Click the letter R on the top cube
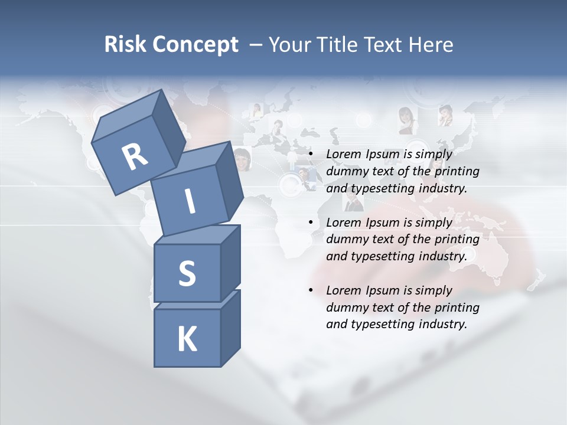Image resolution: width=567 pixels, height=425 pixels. pyautogui.click(x=135, y=157)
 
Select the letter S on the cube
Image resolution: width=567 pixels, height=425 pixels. pyautogui.click(x=187, y=273)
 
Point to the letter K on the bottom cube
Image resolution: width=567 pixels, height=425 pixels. pyautogui.click(x=187, y=339)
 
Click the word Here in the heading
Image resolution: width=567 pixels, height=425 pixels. pyautogui.click(x=432, y=45)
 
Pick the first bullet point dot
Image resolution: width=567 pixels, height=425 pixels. pyautogui.click(x=311, y=155)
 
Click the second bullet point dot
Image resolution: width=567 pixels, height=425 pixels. pyautogui.click(x=311, y=223)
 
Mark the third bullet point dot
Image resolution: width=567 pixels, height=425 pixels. pyautogui.click(x=311, y=290)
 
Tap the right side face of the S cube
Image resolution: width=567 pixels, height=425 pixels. pyautogui.click(x=230, y=263)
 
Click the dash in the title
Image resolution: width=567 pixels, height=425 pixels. pyautogui.click(x=256, y=45)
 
